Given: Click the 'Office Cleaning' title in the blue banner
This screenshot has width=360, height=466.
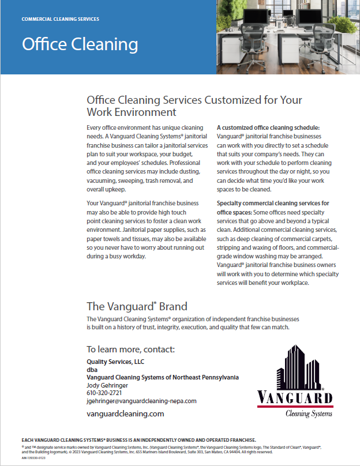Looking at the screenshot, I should (x=80, y=44).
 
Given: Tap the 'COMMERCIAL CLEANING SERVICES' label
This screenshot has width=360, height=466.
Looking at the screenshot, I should (x=60, y=19).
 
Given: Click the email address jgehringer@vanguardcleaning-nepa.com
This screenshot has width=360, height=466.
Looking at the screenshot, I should (x=141, y=401).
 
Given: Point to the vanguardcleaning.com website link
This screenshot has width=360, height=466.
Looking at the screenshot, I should (x=125, y=414).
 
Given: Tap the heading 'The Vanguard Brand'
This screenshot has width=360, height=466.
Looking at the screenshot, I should (x=137, y=306).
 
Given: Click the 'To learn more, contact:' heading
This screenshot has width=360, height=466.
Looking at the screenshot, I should (x=130, y=349).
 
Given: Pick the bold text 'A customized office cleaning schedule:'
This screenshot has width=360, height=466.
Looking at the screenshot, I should (x=268, y=127).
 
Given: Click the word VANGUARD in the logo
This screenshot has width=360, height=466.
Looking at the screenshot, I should (x=295, y=397).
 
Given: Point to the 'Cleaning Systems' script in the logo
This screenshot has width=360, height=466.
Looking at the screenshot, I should (x=309, y=413).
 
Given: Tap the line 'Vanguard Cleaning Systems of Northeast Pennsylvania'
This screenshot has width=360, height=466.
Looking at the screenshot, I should (x=163, y=377).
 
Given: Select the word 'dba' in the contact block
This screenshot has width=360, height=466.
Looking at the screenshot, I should (x=92, y=369).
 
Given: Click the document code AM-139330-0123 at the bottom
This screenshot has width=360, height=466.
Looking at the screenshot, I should (x=34, y=457).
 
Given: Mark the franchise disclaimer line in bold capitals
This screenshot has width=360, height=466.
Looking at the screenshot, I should (x=138, y=439).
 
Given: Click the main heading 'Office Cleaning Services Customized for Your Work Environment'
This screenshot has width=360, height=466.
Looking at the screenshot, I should (x=194, y=106).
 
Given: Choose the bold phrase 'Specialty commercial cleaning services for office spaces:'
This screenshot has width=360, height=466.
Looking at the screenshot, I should (x=273, y=207).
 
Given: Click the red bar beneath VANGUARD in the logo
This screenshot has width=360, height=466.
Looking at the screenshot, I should (x=295, y=406).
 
